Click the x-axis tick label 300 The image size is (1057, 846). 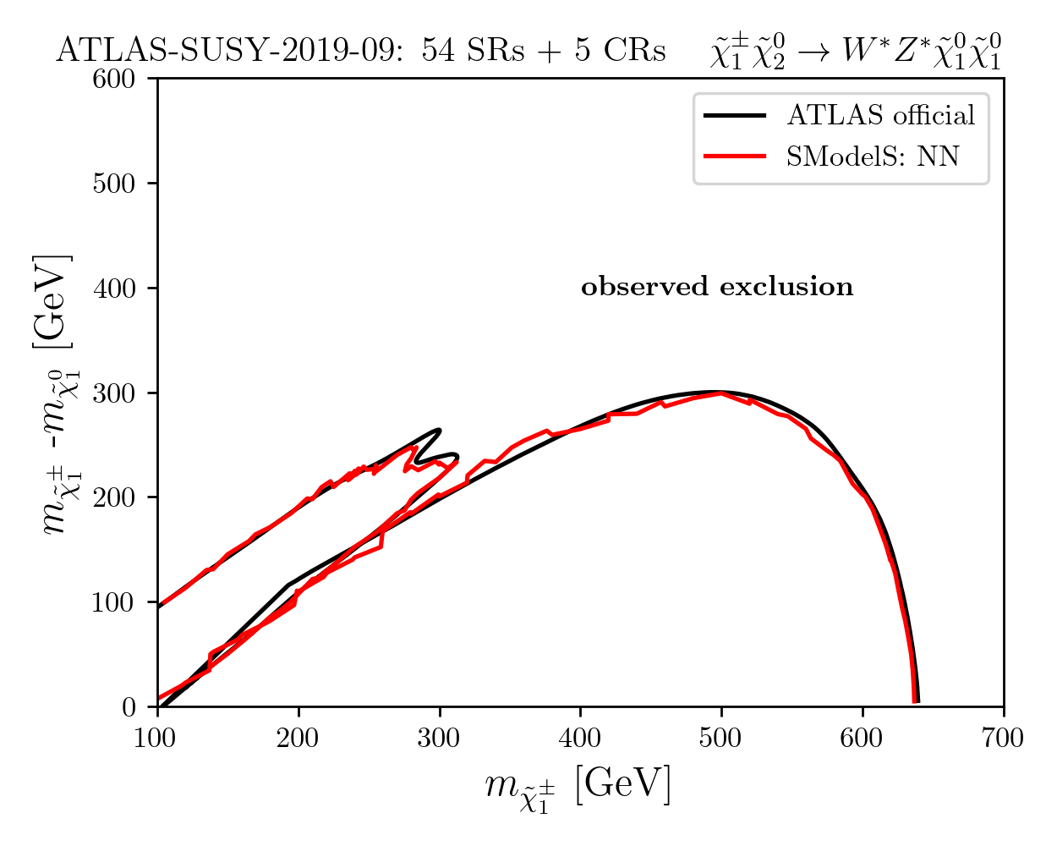[439, 739]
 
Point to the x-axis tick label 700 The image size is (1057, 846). [1003, 739]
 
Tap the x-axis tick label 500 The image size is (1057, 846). [720, 739]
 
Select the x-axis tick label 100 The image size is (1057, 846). [156, 739]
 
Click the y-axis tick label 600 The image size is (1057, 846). [113, 79]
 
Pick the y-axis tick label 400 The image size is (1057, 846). [113, 288]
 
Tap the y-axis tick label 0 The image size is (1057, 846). [129, 708]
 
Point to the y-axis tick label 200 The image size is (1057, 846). [113, 498]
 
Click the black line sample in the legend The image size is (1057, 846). [735, 116]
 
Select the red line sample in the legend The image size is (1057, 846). [735, 157]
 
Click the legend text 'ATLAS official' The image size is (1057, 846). [880, 116]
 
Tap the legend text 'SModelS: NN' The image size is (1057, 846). [873, 157]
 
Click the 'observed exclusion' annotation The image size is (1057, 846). [717, 286]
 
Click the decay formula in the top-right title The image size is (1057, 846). [855, 51]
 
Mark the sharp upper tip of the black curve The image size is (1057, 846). [439, 430]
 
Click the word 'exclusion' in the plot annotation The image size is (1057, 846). [786, 286]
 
